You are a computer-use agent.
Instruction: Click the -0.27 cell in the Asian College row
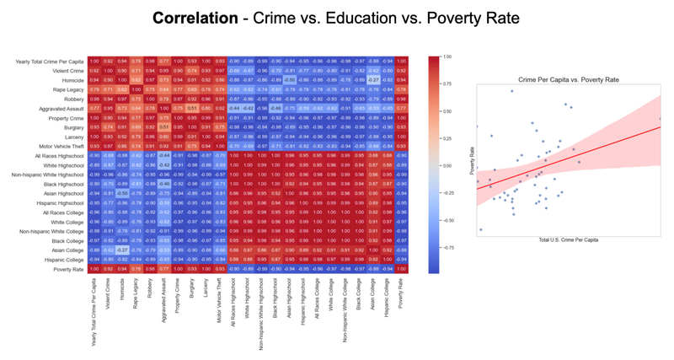coord(124,250)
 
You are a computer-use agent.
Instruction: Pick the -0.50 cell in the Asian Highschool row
coord(124,192)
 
